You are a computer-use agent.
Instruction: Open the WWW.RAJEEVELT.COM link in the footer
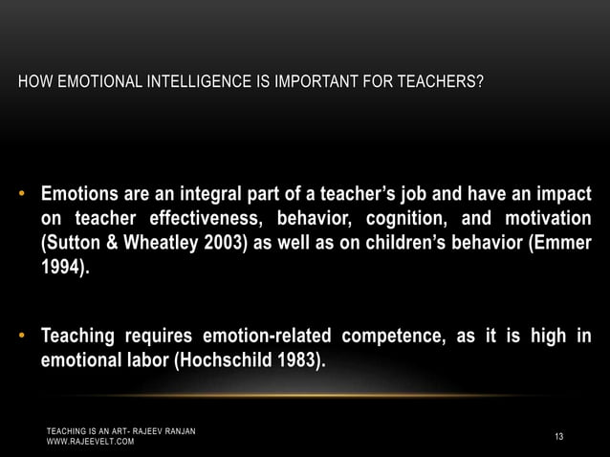point(92,444)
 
